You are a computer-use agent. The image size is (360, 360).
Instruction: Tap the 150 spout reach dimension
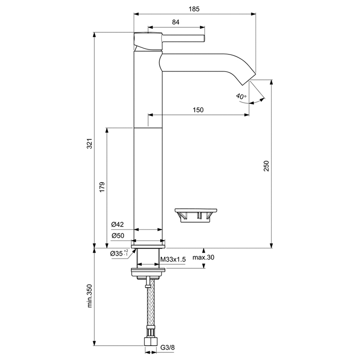(x=198, y=110)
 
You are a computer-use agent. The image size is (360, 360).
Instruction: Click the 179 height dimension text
(x=102, y=187)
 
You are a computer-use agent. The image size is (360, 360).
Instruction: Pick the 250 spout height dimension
(x=266, y=166)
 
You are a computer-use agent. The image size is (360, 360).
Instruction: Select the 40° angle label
(x=241, y=97)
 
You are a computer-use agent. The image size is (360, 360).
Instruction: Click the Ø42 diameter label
(x=117, y=224)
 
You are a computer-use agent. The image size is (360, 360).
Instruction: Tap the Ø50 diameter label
(x=117, y=235)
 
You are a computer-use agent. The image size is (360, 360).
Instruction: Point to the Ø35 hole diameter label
(x=119, y=253)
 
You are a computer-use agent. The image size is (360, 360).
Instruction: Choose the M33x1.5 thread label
(x=173, y=260)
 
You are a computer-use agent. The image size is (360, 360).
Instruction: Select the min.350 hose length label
(x=89, y=296)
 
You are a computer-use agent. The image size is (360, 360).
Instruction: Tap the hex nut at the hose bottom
(x=148, y=342)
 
